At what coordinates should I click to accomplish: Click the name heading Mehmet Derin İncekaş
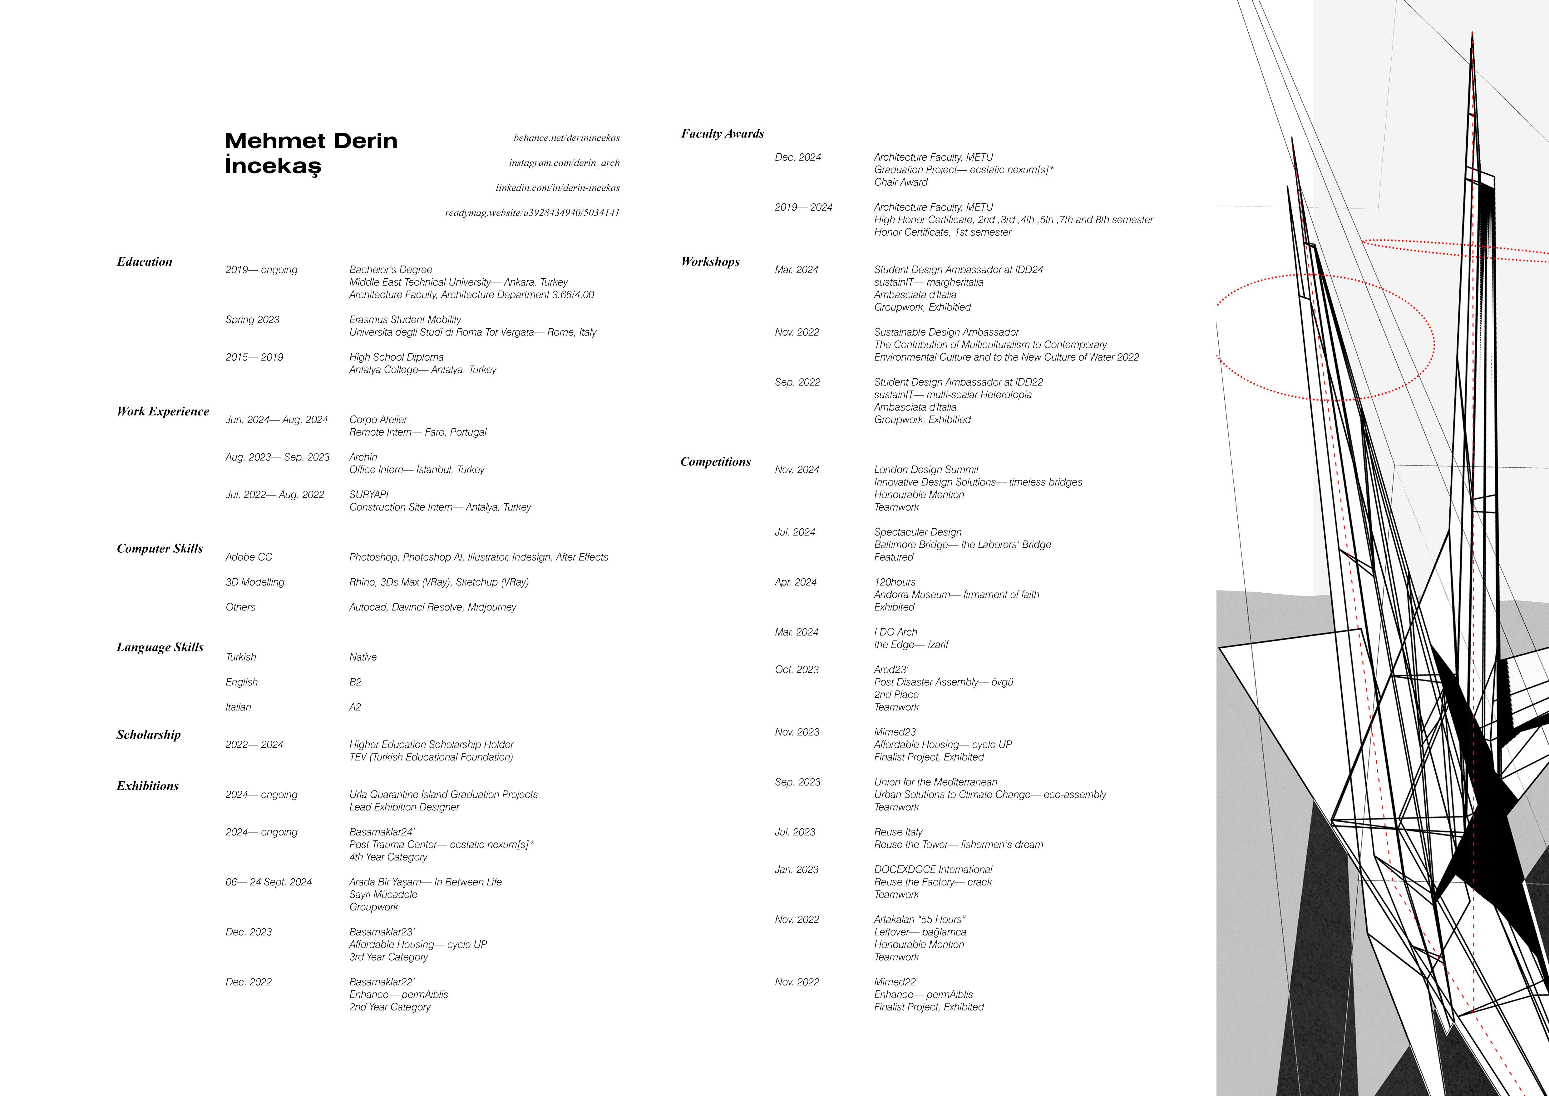point(311,153)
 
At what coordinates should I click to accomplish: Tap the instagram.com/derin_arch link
point(564,163)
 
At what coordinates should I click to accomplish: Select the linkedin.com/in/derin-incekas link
point(557,188)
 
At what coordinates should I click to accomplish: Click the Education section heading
point(144,262)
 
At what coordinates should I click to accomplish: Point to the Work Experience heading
point(163,412)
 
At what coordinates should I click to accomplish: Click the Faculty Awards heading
point(722,134)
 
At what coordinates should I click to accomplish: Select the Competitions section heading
point(715,462)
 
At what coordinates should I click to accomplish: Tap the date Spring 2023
point(252,320)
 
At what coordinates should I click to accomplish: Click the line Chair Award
point(901,182)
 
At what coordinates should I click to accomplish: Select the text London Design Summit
point(925,470)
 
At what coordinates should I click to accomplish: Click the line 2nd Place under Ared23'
point(896,695)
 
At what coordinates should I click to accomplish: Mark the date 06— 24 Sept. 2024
point(269,882)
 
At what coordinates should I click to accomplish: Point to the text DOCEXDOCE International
point(932,870)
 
